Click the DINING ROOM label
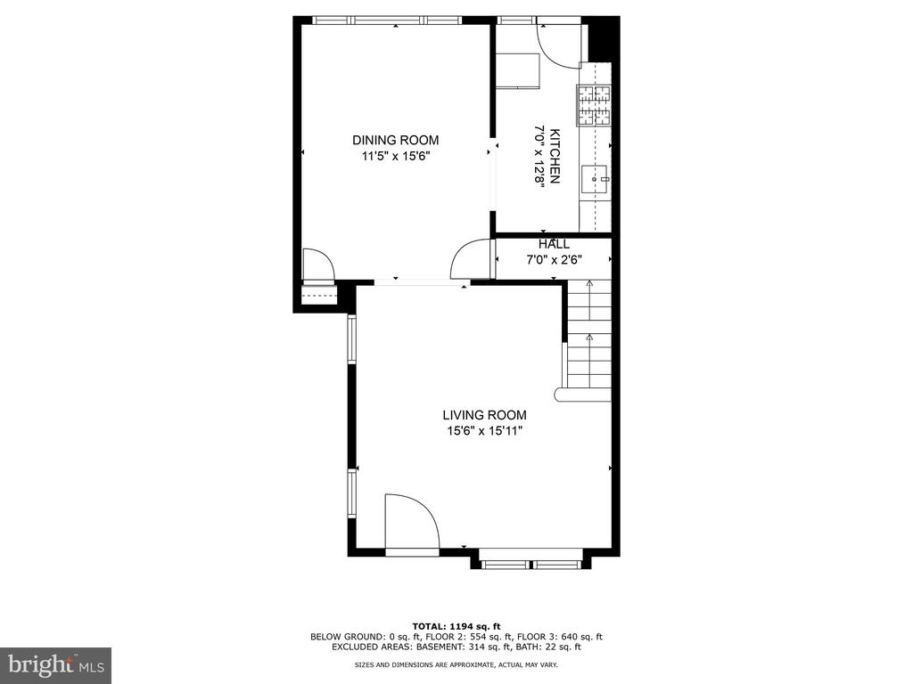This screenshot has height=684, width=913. click(395, 140)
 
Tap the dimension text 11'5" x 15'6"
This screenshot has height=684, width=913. click(395, 156)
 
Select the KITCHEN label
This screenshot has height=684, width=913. click(555, 156)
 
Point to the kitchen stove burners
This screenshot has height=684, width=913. click(594, 105)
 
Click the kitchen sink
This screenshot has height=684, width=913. click(595, 179)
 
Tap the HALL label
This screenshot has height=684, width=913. click(554, 244)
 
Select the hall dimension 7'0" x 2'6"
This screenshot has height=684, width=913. click(554, 260)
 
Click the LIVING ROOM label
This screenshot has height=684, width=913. click(484, 415)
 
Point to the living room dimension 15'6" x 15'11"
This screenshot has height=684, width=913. click(484, 431)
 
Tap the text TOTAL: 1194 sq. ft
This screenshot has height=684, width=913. click(456, 626)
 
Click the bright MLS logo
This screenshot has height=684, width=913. click(56, 664)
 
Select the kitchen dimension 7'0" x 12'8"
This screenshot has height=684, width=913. click(539, 156)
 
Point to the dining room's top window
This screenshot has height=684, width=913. click(387, 20)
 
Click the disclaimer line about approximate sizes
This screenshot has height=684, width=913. click(456, 664)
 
